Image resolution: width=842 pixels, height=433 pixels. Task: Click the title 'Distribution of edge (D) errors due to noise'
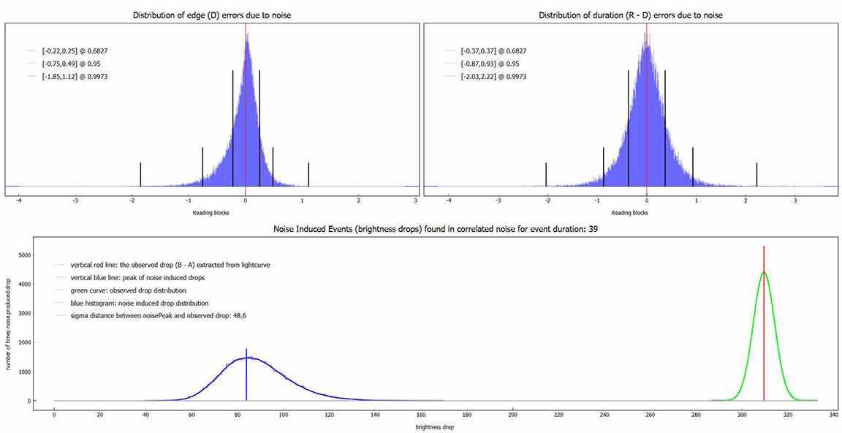click(212, 15)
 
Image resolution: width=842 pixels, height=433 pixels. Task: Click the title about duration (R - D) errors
click(630, 15)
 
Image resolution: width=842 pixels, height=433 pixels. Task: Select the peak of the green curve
click(764, 273)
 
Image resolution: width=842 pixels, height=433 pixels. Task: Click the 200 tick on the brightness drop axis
click(512, 415)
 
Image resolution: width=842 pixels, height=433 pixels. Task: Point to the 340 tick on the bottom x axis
click(833, 415)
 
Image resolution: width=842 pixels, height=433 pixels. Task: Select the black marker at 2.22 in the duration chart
click(756, 174)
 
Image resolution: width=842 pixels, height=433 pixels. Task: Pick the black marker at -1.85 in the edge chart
click(140, 174)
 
